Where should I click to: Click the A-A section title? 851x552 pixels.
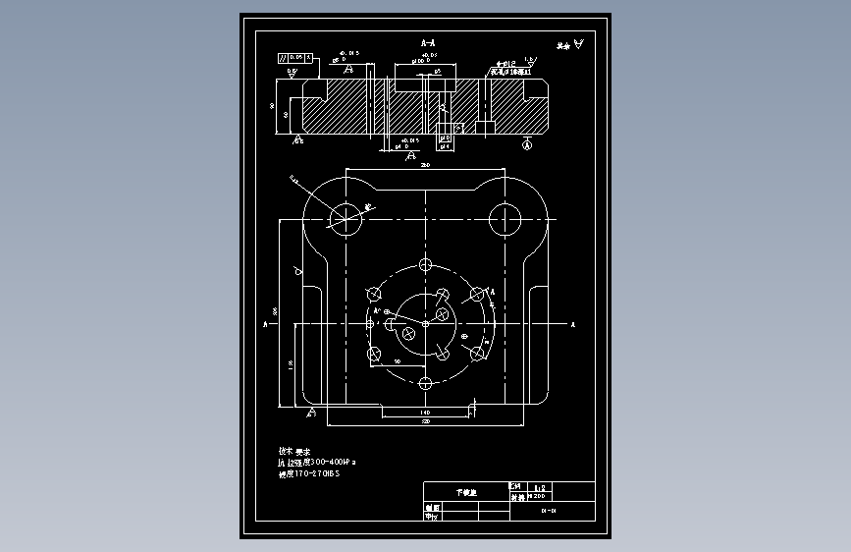click(x=427, y=44)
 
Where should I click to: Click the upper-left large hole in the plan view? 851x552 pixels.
click(x=346, y=218)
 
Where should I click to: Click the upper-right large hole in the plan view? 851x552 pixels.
click(x=505, y=218)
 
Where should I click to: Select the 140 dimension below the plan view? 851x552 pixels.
click(x=425, y=412)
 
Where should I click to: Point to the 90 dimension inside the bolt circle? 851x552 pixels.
click(x=398, y=361)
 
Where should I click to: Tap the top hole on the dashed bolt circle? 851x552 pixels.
click(x=425, y=265)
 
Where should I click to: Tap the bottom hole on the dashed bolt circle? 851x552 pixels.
click(x=425, y=382)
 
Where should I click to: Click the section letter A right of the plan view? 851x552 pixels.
click(x=572, y=323)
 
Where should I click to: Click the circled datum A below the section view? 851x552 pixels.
click(x=527, y=145)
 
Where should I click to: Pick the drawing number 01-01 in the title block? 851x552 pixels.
click(x=549, y=511)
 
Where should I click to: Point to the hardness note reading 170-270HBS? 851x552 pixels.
click(x=309, y=473)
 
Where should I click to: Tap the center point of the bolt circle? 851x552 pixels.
click(x=425, y=323)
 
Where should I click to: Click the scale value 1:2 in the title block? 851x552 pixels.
click(x=539, y=486)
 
